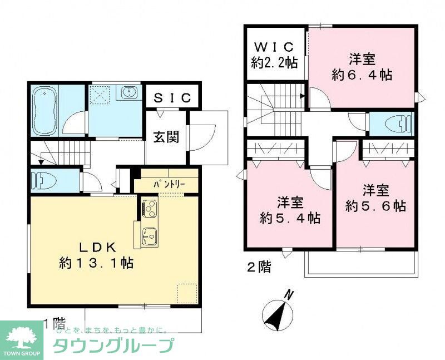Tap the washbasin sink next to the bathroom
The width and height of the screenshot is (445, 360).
[130, 92]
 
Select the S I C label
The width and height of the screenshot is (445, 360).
[172, 98]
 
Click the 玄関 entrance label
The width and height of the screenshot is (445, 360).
[166, 137]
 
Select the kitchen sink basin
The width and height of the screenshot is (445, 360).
[149, 237]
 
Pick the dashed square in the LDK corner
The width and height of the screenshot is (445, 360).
[187, 293]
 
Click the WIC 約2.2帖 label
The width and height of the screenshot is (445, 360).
[274, 55]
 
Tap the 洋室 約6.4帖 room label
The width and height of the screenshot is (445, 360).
[362, 67]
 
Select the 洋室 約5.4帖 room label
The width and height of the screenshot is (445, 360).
[290, 209]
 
